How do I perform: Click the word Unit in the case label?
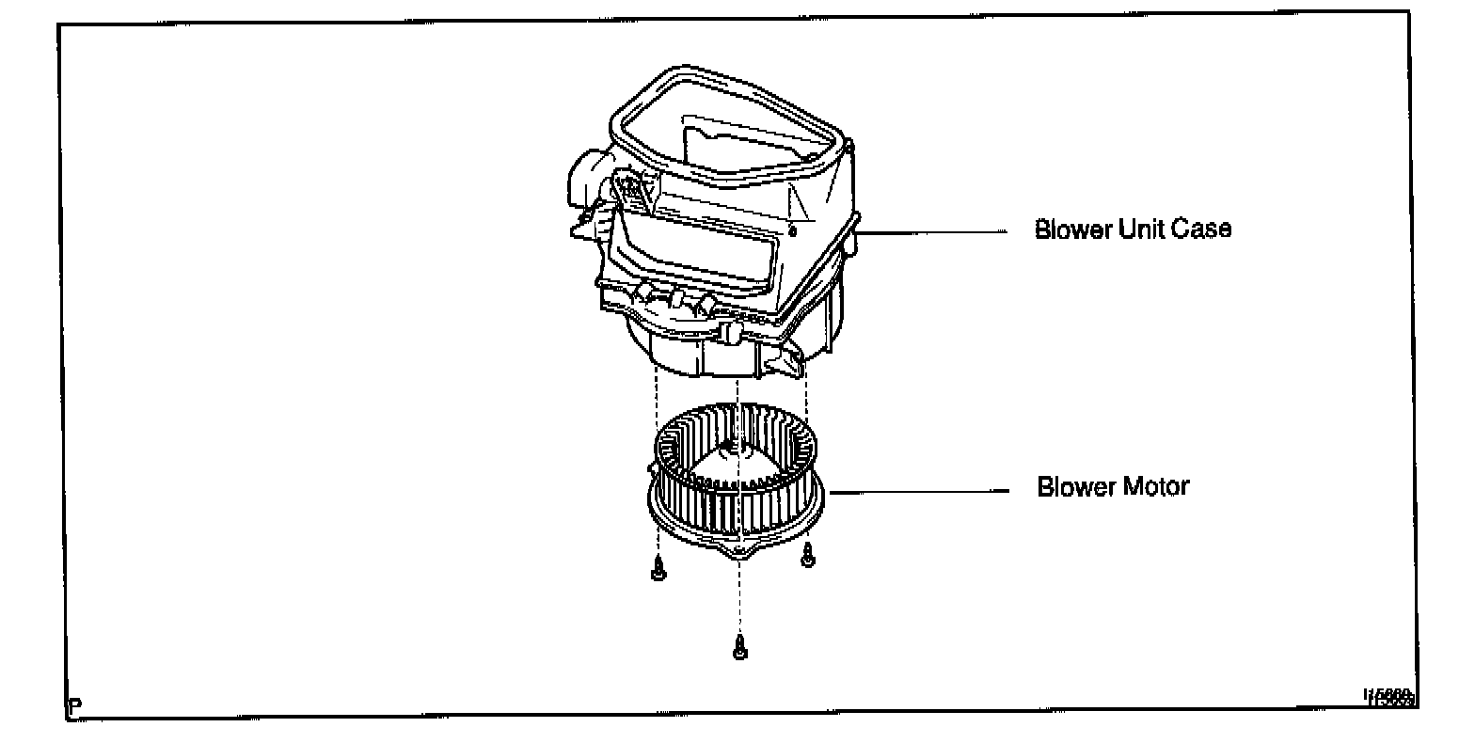(x=1144, y=229)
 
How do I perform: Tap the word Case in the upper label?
(x=1201, y=229)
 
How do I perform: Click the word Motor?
(x=1153, y=487)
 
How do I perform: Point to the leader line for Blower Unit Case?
(x=931, y=231)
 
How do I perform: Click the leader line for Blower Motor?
(x=917, y=490)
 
